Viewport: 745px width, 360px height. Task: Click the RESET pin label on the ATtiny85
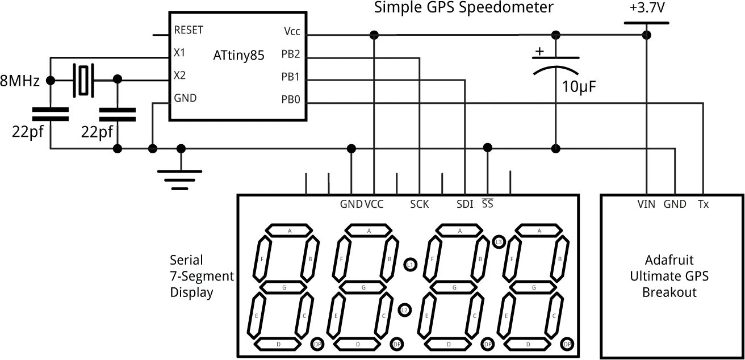pyautogui.click(x=189, y=30)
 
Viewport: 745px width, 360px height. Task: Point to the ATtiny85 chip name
pyautogui.click(x=239, y=56)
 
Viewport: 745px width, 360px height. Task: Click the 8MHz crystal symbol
pyautogui.click(x=84, y=80)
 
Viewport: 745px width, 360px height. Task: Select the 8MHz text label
pyautogui.click(x=20, y=81)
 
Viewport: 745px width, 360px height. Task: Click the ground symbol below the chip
pyautogui.click(x=181, y=175)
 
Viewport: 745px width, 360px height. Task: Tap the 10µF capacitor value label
pyautogui.click(x=579, y=87)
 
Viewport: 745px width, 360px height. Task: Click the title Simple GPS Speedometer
pyautogui.click(x=463, y=7)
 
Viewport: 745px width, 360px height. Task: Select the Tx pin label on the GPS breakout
pyautogui.click(x=703, y=204)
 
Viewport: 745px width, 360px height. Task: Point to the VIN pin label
pyautogui.click(x=646, y=204)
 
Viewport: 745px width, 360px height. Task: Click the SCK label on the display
pyautogui.click(x=419, y=204)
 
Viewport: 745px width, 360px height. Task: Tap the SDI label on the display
pyautogui.click(x=464, y=204)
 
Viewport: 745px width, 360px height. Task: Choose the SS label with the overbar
pyautogui.click(x=487, y=204)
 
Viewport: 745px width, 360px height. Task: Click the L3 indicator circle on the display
pyautogui.click(x=499, y=242)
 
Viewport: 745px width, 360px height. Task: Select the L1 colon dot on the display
pyautogui.click(x=410, y=265)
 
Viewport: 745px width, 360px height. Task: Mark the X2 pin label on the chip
pyautogui.click(x=179, y=75)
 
